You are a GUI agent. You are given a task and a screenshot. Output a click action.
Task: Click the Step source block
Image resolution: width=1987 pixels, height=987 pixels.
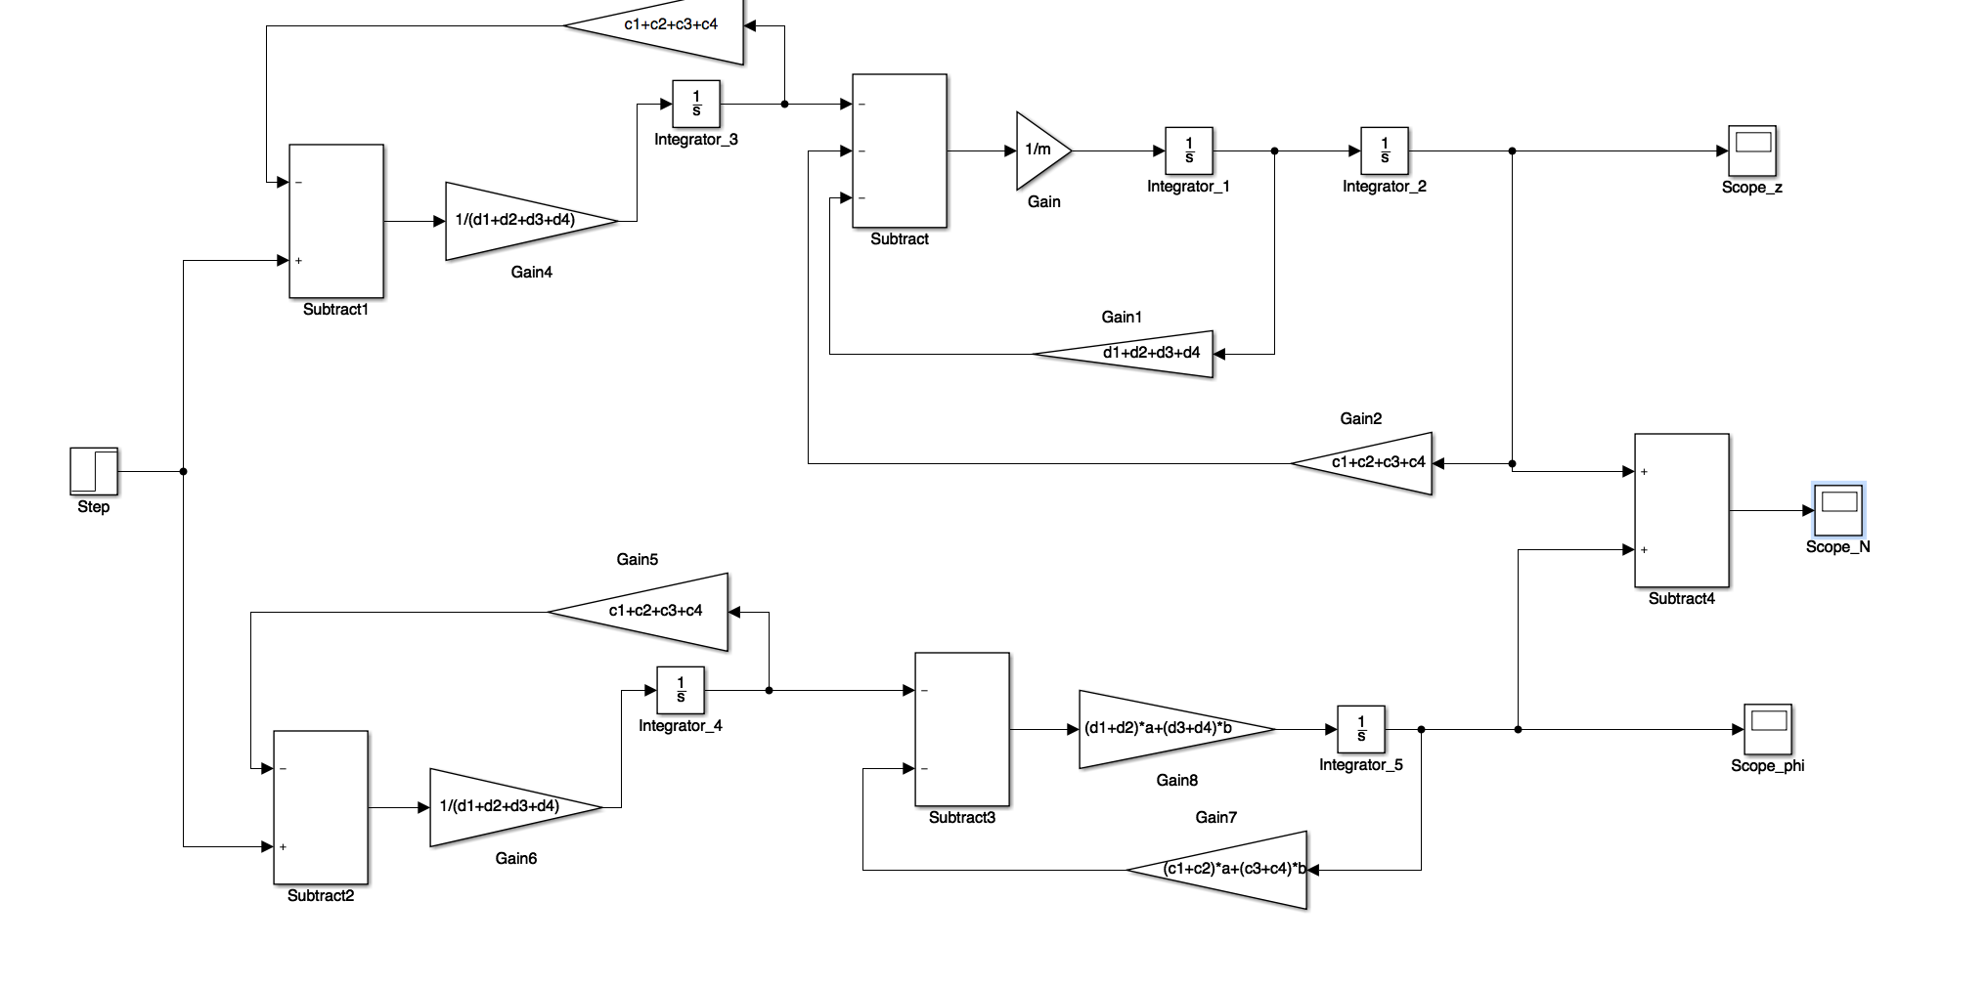pyautogui.click(x=94, y=471)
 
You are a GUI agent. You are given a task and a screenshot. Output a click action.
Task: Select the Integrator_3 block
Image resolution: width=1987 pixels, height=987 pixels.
pyautogui.click(x=696, y=104)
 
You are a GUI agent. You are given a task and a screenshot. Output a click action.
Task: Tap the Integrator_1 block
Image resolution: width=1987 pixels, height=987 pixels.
pyautogui.click(x=1189, y=150)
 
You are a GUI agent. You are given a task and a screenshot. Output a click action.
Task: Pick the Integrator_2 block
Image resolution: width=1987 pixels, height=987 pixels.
pyautogui.click(x=1385, y=150)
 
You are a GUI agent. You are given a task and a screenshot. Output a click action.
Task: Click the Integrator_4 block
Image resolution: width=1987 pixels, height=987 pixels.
pyautogui.click(x=681, y=690)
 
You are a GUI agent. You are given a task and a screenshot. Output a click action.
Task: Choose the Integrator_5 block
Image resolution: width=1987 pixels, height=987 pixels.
pyautogui.click(x=1361, y=729)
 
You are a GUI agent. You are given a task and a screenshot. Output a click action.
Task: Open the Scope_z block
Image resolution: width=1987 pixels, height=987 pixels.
pyautogui.click(x=1752, y=150)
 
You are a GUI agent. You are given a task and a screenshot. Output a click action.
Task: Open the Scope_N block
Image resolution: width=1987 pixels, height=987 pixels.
pyautogui.click(x=1838, y=510)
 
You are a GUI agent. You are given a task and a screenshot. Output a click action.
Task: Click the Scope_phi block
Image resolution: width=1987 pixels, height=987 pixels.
pyautogui.click(x=1768, y=729)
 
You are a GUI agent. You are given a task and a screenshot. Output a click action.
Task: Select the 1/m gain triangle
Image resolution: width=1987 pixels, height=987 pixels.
pyautogui.click(x=1042, y=150)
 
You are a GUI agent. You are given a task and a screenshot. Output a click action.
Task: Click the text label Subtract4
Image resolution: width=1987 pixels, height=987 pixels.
pyautogui.click(x=1682, y=599)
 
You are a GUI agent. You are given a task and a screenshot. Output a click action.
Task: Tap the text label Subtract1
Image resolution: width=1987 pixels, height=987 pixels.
pyautogui.click(x=336, y=310)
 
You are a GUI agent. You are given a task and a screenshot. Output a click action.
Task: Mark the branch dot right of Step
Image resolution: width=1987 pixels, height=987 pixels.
pyautogui.click(x=184, y=471)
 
